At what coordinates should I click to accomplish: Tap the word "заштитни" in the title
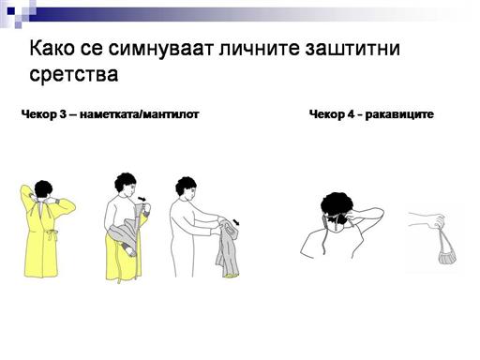tap(352, 50)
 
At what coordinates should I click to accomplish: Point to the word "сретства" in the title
tap(74, 75)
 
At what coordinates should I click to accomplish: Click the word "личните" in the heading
tap(259, 50)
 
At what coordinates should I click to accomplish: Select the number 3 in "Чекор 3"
tap(63, 114)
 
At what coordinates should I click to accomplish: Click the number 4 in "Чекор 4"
tap(351, 114)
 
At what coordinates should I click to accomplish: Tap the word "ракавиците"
tap(399, 114)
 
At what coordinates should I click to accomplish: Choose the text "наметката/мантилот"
tap(140, 114)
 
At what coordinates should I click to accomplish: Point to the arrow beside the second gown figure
tap(142, 199)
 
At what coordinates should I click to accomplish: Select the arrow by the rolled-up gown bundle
tap(236, 222)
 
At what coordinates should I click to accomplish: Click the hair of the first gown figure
tap(43, 188)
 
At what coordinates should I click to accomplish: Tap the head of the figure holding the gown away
tap(187, 188)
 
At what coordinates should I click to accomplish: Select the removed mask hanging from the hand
tap(446, 250)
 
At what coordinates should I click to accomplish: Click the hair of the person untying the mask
tap(336, 204)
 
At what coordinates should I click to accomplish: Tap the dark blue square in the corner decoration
tap(11, 11)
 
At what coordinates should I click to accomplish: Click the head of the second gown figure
tap(126, 185)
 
